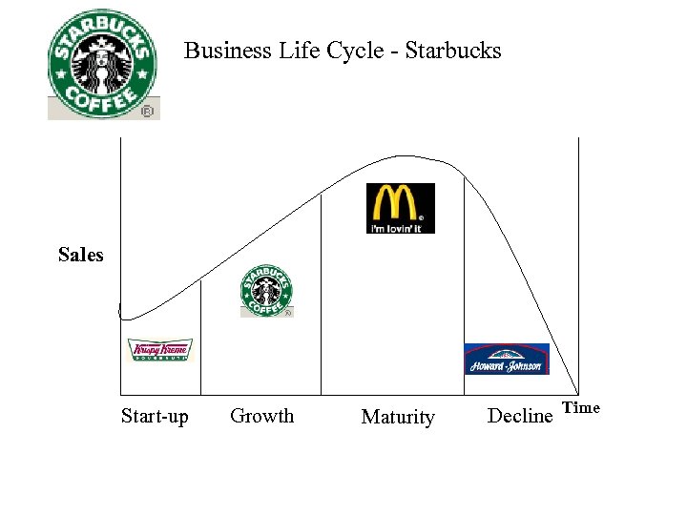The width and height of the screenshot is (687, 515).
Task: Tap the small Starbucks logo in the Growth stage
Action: [x=266, y=291]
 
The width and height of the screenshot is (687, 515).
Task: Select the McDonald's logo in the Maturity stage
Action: [x=401, y=208]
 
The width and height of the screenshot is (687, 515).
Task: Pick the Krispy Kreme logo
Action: [x=160, y=350]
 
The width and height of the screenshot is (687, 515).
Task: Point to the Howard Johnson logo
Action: [x=507, y=359]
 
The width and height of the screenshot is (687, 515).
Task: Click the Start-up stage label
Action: [x=155, y=416]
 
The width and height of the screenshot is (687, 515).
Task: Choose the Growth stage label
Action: [x=262, y=416]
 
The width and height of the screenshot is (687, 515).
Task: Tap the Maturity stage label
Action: [x=398, y=417]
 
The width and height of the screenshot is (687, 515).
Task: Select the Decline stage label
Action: [x=520, y=416]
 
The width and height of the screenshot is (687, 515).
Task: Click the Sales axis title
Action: [x=80, y=255]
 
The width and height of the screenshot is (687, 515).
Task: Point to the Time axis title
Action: [x=581, y=408]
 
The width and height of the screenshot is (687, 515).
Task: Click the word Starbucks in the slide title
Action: [x=453, y=51]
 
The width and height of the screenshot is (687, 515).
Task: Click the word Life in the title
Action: [x=295, y=51]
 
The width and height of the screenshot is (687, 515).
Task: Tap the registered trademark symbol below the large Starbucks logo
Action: [x=147, y=112]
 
